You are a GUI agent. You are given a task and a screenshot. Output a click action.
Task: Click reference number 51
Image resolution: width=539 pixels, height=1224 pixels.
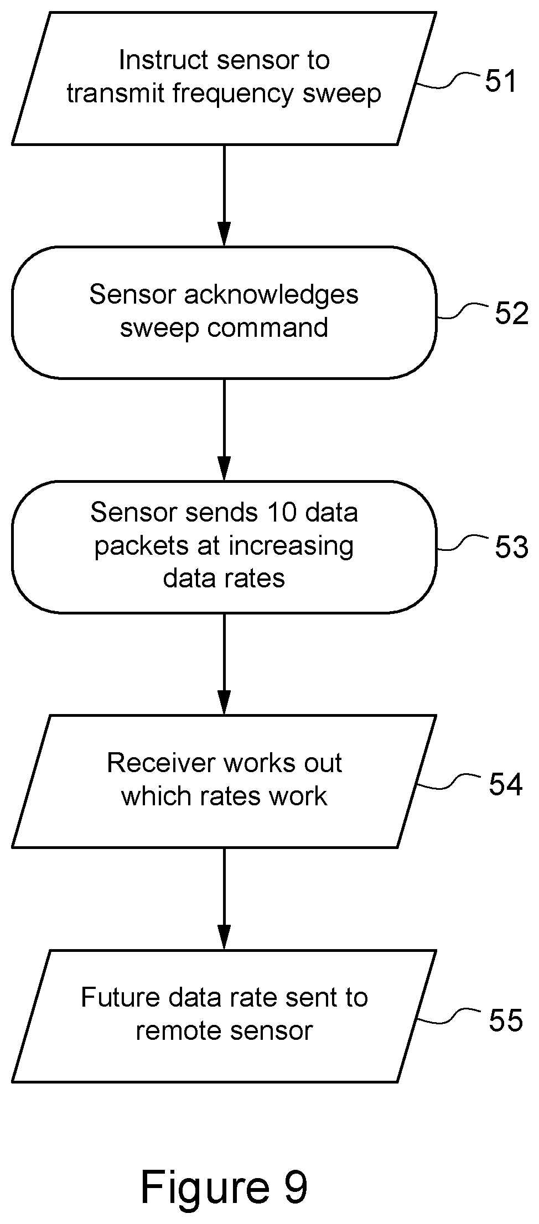click(x=500, y=81)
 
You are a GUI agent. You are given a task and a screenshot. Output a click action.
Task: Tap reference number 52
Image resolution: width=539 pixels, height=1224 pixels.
click(x=511, y=314)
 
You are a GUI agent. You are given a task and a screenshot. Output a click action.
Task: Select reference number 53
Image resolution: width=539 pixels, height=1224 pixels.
click(x=511, y=548)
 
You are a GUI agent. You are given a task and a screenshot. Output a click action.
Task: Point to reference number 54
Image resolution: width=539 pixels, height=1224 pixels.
click(x=505, y=784)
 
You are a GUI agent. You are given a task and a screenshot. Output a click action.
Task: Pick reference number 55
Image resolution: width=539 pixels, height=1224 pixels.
click(x=505, y=1020)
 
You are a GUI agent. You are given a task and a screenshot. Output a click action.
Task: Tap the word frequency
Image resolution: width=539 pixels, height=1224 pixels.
click(x=233, y=94)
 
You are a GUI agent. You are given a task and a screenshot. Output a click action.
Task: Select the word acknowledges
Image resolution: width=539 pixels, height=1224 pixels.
click(x=271, y=295)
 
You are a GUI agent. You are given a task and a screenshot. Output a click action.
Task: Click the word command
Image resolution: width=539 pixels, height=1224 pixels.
click(x=268, y=328)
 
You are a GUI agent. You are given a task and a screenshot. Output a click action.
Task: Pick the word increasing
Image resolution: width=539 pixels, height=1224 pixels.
click(x=291, y=546)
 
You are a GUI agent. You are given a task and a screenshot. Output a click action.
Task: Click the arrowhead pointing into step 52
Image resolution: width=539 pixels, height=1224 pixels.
click(x=224, y=233)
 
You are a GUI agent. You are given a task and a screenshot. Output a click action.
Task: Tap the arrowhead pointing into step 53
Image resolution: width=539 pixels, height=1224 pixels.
click(x=224, y=468)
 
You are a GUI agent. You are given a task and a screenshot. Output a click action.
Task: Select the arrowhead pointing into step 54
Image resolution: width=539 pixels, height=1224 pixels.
click(x=224, y=702)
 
